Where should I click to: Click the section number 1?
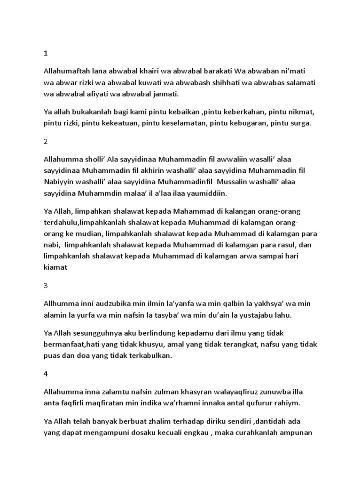point(46,53)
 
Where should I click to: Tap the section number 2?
point(46,142)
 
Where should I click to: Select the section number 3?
point(46,285)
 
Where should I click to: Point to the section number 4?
point(46,374)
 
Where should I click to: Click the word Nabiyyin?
point(59,182)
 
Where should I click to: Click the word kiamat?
point(56,267)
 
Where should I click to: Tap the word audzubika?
point(111,304)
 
